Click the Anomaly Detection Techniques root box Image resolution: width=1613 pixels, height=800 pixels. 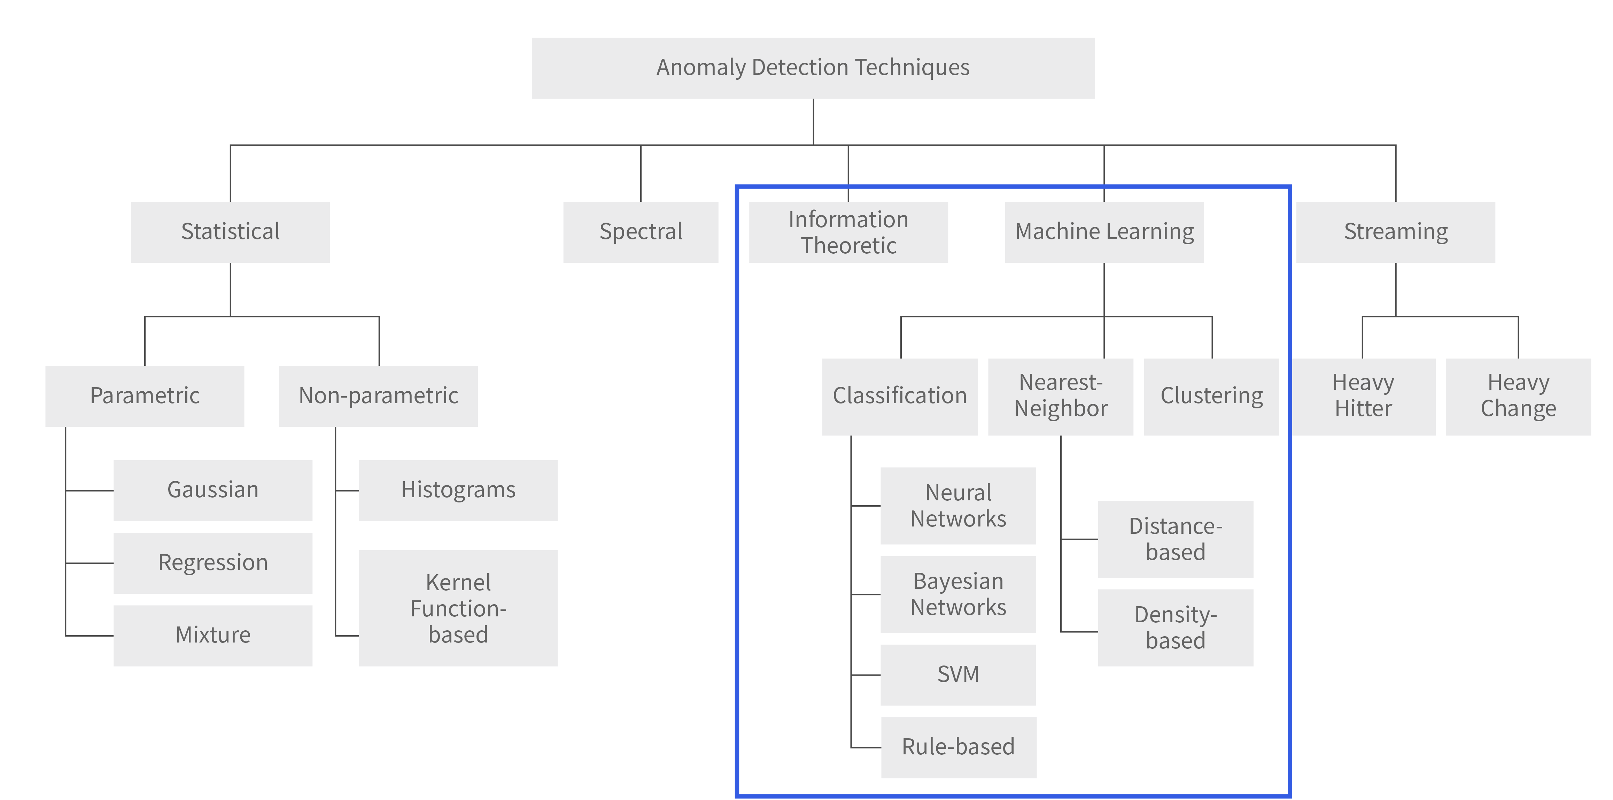coord(813,68)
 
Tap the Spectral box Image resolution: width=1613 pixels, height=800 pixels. coord(641,232)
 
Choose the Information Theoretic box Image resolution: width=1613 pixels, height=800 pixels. coord(848,232)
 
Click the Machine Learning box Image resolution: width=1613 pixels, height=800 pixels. coord(1104,232)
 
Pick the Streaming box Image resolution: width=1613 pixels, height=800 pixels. coord(1396,232)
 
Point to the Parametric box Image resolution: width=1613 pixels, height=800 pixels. coord(145,396)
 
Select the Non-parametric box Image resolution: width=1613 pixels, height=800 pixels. coord(378,396)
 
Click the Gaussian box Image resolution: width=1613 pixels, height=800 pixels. coord(213,491)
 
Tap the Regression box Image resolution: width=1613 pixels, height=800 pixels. coord(213,563)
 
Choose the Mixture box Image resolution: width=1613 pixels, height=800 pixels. coord(213,635)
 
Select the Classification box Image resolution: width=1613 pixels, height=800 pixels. coord(900,397)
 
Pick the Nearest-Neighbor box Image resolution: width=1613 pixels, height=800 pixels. coord(1061,397)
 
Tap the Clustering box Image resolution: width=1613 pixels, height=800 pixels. coord(1211,397)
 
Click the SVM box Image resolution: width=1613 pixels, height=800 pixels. coord(958,675)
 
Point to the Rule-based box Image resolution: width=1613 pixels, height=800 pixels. coord(959,747)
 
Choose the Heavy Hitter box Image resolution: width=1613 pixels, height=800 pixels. coord(1363,397)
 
